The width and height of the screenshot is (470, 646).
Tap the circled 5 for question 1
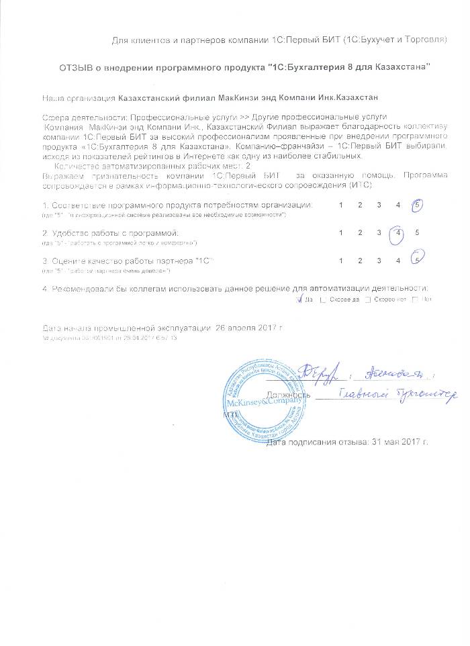tap(418, 205)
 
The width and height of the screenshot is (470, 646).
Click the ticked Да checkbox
tap(301, 299)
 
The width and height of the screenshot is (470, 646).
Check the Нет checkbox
tap(414, 300)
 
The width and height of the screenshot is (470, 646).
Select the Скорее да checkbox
tap(324, 300)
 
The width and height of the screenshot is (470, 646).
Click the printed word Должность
tap(288, 396)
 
